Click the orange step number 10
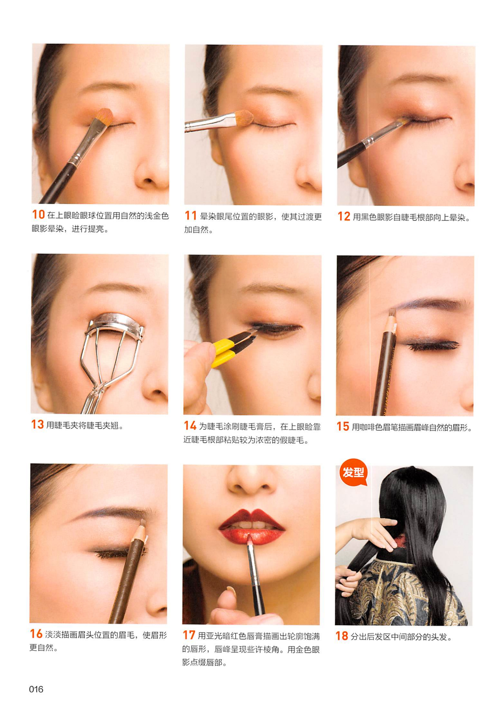coord(39,215)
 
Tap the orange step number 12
coord(344,216)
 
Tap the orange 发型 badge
coord(353,472)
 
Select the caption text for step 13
coord(84,425)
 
